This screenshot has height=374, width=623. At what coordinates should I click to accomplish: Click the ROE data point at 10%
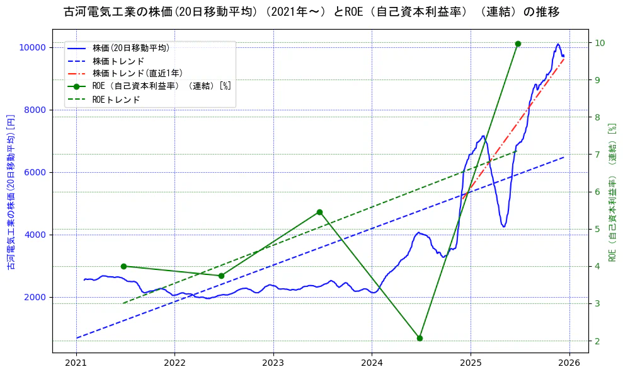pyautogui.click(x=518, y=44)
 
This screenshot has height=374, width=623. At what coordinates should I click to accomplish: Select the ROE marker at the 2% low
pyautogui.click(x=420, y=338)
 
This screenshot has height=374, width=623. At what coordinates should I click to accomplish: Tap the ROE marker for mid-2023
pyautogui.click(x=319, y=212)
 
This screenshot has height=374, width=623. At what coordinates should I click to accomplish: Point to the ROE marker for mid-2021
pyautogui.click(x=123, y=266)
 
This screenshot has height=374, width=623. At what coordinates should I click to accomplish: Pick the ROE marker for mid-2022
pyautogui.click(x=221, y=276)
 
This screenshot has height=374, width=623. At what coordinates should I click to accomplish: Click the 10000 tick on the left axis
pyautogui.click(x=31, y=47)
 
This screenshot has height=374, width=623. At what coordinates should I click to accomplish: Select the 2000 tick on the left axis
pyautogui.click(x=34, y=297)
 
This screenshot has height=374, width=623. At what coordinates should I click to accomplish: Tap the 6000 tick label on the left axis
pyautogui.click(x=34, y=172)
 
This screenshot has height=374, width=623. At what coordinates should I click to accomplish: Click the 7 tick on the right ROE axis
pyautogui.click(x=599, y=155)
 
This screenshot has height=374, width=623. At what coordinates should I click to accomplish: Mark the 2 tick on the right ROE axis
pyautogui.click(x=599, y=341)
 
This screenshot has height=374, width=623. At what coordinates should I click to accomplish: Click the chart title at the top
pyautogui.click(x=312, y=12)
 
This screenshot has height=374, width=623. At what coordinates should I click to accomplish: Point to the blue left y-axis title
pyautogui.click(x=11, y=192)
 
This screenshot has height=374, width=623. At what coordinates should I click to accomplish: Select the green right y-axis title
pyautogui.click(x=611, y=192)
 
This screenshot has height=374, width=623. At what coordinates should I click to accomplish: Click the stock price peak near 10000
pyautogui.click(x=557, y=44)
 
